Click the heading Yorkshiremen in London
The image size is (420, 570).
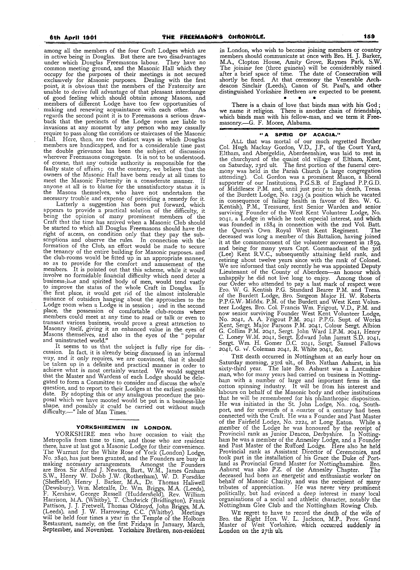[x=124, y=428]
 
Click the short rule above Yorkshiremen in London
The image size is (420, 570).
[x=124, y=420]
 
